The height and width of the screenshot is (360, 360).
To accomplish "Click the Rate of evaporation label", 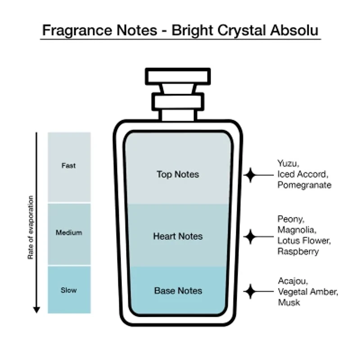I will pyautogui.click(x=31, y=227).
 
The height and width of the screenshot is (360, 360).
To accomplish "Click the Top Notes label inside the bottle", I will pyautogui.click(x=178, y=174).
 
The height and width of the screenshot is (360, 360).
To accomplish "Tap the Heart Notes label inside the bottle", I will pyautogui.click(x=178, y=236).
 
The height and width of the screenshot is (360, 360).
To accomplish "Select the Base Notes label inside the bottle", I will pyautogui.click(x=178, y=291).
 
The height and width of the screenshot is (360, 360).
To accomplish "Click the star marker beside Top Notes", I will pyautogui.click(x=250, y=175).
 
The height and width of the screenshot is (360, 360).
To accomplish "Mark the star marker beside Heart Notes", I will pyautogui.click(x=250, y=235).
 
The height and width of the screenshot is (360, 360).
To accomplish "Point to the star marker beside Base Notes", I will pyautogui.click(x=250, y=291).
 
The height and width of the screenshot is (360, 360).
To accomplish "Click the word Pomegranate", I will pyautogui.click(x=304, y=185).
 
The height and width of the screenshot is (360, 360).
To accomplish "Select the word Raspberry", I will pyautogui.click(x=298, y=252).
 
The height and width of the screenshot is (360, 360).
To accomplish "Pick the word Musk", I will pyautogui.click(x=289, y=302).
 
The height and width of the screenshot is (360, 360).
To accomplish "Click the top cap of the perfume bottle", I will pyautogui.click(x=178, y=76).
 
